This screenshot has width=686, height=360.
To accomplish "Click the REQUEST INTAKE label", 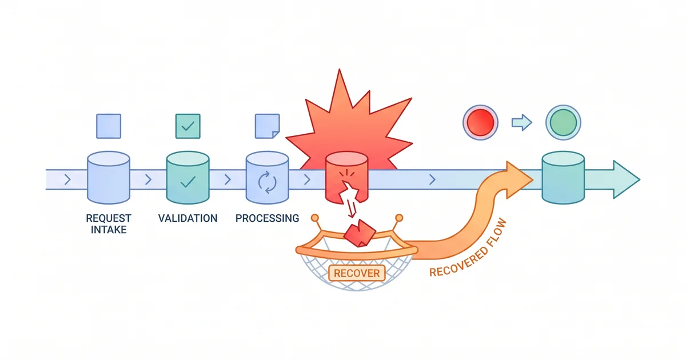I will (108, 224).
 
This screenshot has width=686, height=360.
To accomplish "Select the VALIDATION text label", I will (188, 218).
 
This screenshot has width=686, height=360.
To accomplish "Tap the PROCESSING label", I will (267, 218).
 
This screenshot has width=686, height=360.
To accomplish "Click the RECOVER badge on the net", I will (357, 273).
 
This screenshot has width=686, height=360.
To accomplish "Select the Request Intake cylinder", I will (108, 177).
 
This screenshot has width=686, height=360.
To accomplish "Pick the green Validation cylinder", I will (188, 177).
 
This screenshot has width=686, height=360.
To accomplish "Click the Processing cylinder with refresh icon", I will (267, 177).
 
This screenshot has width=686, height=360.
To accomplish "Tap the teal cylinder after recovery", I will (563, 177).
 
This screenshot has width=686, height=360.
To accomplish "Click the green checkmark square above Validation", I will (188, 126).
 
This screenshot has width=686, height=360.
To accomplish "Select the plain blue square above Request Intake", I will (108, 126).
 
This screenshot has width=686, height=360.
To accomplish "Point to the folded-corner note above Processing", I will (267, 126).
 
